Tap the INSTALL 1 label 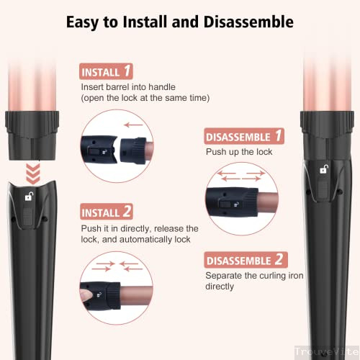[x=106, y=72]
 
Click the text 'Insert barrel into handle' [x=129, y=87]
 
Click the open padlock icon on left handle [x=29, y=197]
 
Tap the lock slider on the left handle [x=28, y=216]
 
